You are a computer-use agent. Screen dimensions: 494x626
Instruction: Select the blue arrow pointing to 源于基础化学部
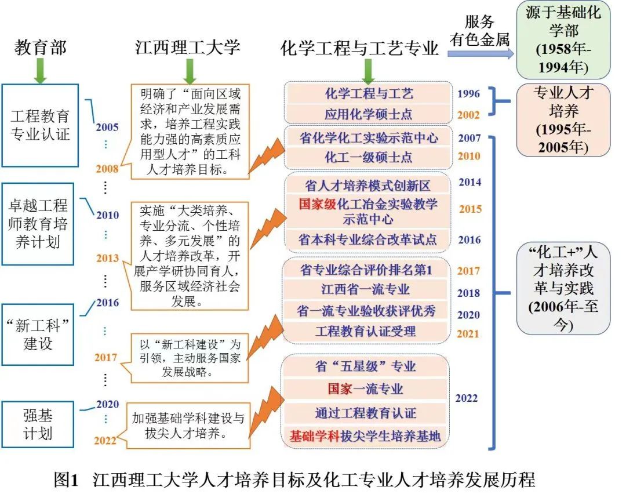pos(481,53)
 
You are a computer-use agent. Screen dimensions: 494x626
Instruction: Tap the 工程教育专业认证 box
pos(40,125)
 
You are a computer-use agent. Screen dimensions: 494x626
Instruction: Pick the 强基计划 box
pos(38,424)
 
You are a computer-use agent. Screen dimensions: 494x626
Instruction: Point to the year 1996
pos(469,93)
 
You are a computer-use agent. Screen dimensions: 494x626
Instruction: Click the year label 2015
pos(470,209)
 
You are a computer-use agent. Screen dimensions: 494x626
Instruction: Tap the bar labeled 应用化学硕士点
pos(368,114)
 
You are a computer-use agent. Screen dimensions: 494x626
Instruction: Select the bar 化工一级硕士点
pos(368,156)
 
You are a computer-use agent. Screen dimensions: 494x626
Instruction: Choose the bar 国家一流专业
pos(366,388)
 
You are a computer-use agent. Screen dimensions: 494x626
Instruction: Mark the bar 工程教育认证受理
pos(366,332)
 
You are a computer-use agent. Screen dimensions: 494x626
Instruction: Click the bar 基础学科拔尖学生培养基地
pos(366,436)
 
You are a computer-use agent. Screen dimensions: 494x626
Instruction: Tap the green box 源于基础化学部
pos(563,39)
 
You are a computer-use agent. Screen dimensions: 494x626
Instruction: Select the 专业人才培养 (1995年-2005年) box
pos(563,119)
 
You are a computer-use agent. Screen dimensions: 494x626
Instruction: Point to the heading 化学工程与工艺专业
pos(359,48)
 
